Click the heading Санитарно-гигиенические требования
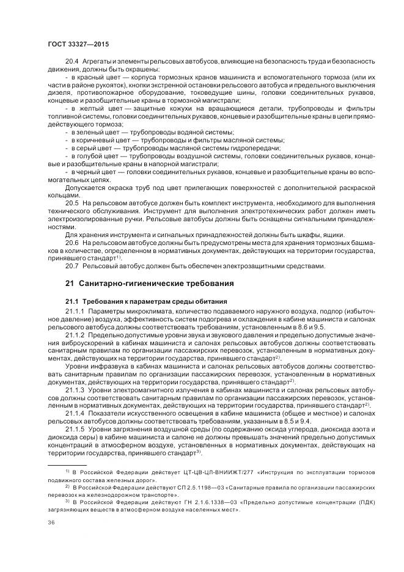coord(152,284)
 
